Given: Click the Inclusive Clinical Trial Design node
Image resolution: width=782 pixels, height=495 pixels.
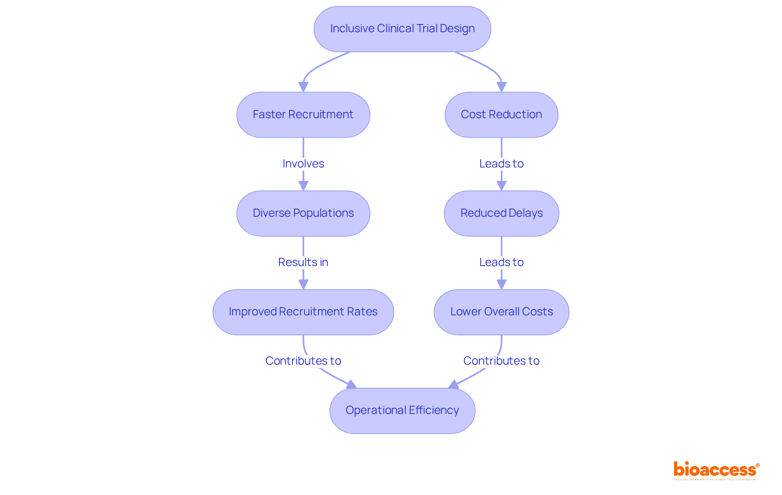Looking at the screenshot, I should [402, 29].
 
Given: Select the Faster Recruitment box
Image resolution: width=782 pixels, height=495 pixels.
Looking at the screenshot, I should [303, 114].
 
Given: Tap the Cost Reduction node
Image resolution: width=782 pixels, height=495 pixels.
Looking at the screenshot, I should [501, 114].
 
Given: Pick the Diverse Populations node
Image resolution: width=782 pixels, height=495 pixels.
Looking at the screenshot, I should [303, 213].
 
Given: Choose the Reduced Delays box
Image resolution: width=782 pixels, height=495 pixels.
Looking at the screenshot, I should [501, 213].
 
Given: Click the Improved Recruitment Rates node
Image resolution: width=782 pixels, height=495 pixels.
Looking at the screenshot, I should [303, 312].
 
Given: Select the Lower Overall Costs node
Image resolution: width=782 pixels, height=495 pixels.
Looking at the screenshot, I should [501, 312].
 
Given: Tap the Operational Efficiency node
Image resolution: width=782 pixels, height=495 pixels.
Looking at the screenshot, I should [402, 410].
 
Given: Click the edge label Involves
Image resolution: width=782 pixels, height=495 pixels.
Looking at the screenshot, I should [303, 163].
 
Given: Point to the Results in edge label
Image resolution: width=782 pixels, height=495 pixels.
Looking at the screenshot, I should [303, 262].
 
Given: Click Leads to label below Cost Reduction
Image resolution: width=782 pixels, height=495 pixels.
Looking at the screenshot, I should [501, 163].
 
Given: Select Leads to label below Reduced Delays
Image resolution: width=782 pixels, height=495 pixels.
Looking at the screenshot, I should [501, 262].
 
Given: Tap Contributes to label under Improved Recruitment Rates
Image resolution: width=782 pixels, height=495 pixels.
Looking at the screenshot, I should [303, 361].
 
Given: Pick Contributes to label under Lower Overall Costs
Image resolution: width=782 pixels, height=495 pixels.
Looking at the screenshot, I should [501, 361].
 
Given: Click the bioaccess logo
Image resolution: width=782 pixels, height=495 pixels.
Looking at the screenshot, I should [716, 470].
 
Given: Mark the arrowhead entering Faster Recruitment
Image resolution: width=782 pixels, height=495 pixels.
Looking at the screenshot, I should [303, 87].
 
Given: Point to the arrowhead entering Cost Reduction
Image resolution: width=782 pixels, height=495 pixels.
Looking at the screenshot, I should [501, 87].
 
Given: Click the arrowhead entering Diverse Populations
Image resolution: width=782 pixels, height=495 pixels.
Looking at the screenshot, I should [303, 186].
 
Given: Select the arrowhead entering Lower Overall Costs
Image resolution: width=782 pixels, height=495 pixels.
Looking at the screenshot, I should [501, 284].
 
